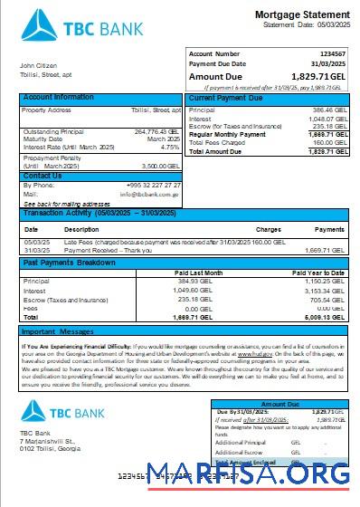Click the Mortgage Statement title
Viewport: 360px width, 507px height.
coord(300,15)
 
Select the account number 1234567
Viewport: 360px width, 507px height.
coord(330,54)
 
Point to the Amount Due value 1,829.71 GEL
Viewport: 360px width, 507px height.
coord(320,76)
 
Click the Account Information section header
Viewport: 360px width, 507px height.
coord(57,97)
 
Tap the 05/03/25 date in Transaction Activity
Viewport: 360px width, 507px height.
coord(37,242)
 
